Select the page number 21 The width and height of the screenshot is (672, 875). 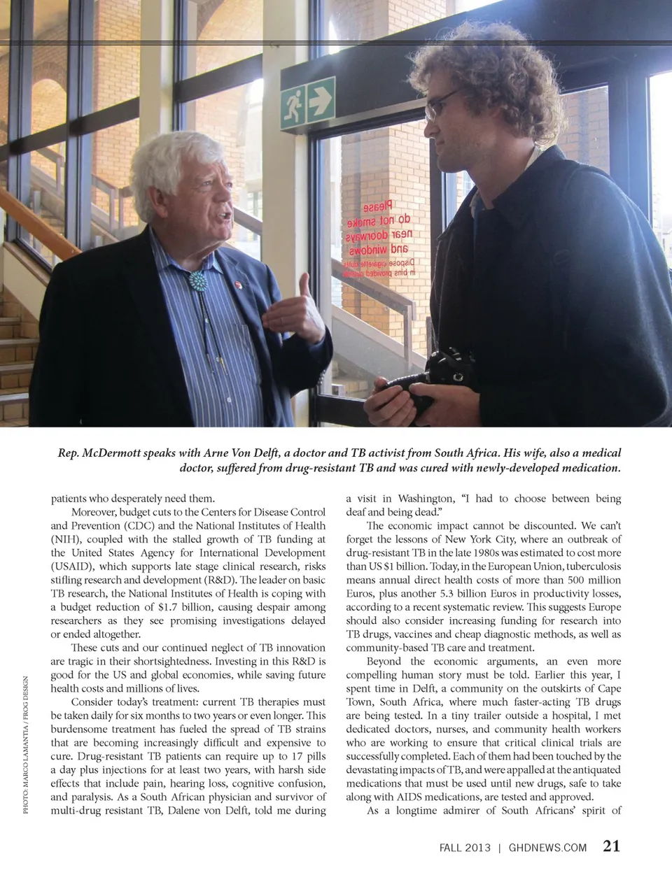click(611, 846)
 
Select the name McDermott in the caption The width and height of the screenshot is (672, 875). click(111, 453)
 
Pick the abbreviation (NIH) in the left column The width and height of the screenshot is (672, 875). click(66, 539)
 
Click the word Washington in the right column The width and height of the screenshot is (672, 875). click(426, 499)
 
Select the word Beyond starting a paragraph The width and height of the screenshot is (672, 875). click(384, 661)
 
